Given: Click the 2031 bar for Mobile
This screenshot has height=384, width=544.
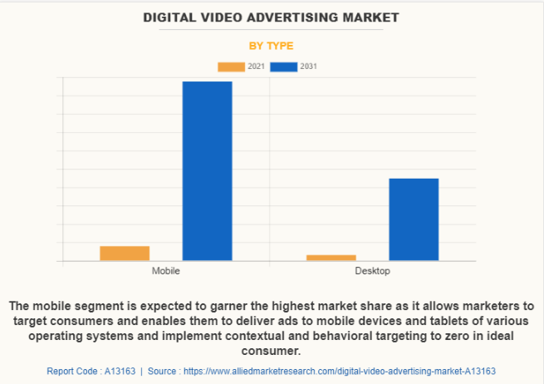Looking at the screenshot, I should tap(207, 170).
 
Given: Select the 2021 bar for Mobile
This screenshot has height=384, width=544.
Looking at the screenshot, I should tap(125, 254).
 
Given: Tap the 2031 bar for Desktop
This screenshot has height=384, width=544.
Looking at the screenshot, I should tap(414, 219).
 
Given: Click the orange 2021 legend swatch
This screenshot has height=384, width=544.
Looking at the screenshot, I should tap(231, 66).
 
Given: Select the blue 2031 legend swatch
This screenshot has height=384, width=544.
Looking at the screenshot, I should tap(284, 66).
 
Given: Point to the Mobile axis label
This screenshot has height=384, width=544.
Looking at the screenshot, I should tap(166, 272).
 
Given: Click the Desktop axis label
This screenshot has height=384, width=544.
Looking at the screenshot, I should tap(373, 272).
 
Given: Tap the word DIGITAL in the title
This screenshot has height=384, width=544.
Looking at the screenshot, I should tap(172, 17).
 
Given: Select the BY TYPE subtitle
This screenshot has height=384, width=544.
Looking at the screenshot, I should tap(272, 46).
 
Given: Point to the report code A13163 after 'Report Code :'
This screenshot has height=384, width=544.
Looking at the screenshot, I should tap(118, 371).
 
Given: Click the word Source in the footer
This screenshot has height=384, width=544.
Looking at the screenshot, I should tap(162, 371).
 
